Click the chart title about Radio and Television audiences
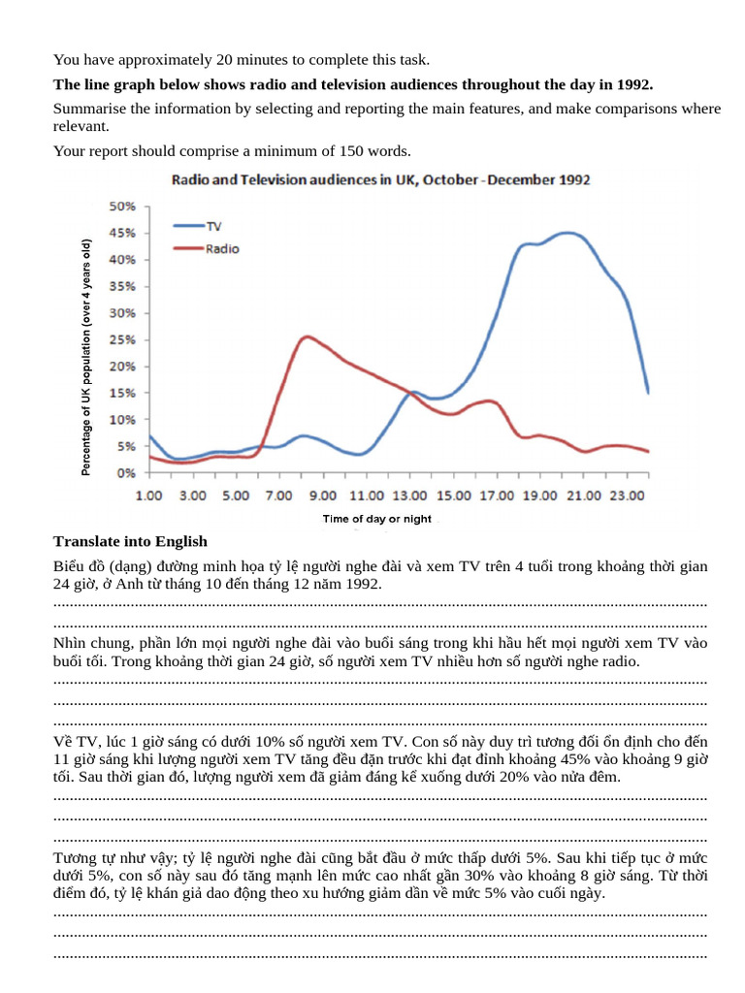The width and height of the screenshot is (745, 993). pyautogui.click(x=380, y=180)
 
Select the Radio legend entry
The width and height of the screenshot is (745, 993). pyautogui.click(x=222, y=248)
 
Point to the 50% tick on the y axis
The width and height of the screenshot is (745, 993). pyautogui.click(x=121, y=207)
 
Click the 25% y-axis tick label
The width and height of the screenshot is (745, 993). pyautogui.click(x=121, y=340)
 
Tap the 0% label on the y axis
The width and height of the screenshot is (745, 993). pyautogui.click(x=126, y=473)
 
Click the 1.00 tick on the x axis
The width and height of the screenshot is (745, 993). pyautogui.click(x=148, y=496)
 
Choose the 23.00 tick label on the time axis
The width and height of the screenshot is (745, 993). pyautogui.click(x=629, y=496)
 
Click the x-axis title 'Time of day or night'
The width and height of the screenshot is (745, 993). pyautogui.click(x=377, y=520)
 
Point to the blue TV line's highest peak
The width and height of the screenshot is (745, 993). pyautogui.click(x=567, y=233)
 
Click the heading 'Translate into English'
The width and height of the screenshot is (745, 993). pyautogui.click(x=130, y=541)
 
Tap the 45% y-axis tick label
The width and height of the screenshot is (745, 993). pyautogui.click(x=121, y=234)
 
